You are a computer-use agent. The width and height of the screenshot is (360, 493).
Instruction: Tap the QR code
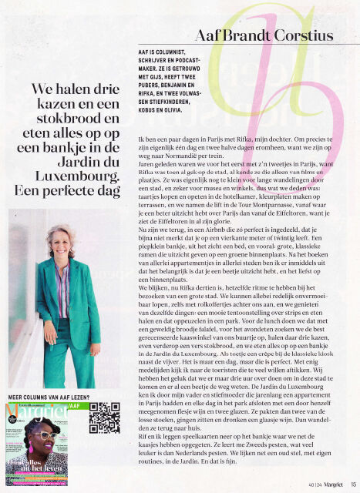pos(103,418)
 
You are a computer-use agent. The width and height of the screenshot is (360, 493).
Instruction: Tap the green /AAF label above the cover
pos(75,404)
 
